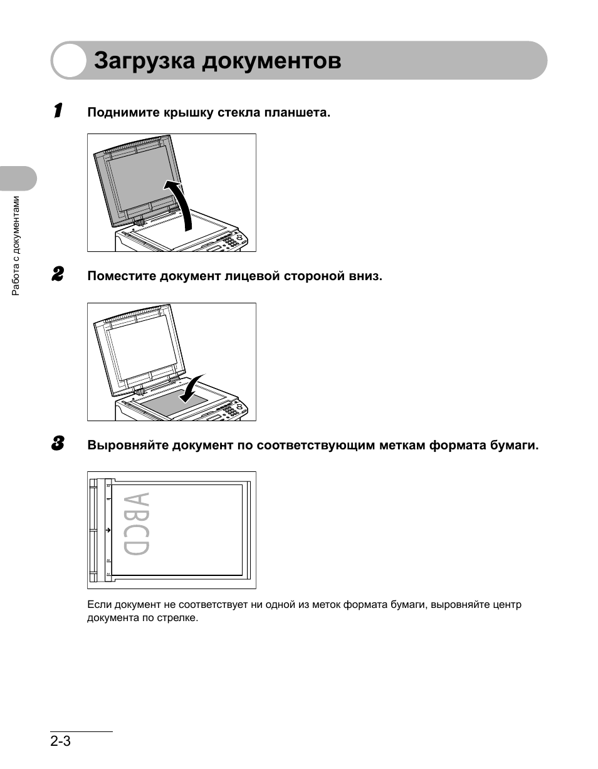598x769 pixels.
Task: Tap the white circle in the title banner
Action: click(x=69, y=61)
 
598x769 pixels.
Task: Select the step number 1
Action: click(x=58, y=111)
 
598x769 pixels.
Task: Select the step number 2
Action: click(x=57, y=275)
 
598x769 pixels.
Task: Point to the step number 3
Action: click(x=57, y=444)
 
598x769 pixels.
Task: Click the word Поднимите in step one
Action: click(x=123, y=113)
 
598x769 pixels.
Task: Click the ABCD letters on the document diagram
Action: click(x=137, y=525)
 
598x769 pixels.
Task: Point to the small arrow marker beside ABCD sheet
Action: click(x=108, y=530)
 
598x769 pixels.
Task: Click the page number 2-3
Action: click(x=61, y=741)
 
